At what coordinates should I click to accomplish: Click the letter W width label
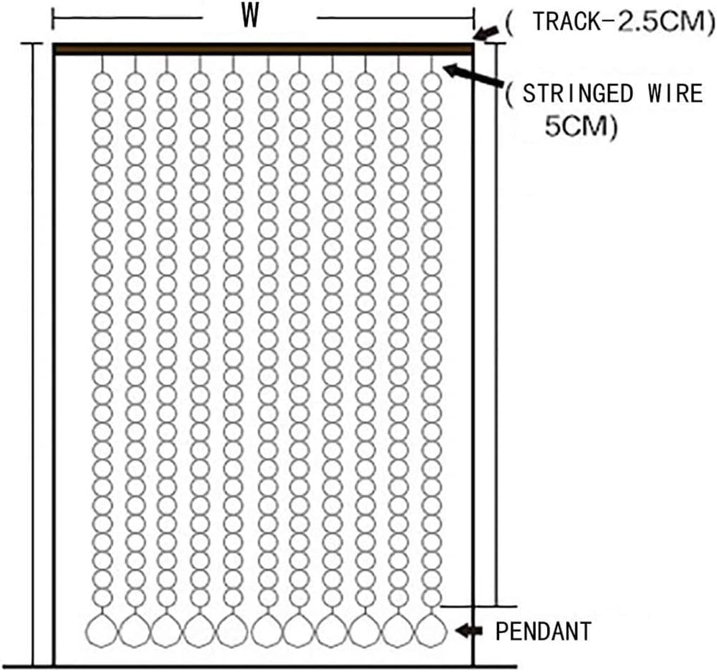click(250, 17)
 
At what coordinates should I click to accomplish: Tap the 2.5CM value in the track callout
click(661, 22)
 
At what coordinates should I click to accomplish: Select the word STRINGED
click(578, 94)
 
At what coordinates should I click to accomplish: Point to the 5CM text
click(576, 126)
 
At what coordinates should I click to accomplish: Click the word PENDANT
click(544, 631)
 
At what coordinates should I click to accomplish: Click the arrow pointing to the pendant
click(469, 631)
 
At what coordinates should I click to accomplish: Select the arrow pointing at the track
click(487, 33)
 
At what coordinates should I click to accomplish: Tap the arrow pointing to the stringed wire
click(473, 76)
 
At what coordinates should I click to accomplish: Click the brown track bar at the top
click(263, 50)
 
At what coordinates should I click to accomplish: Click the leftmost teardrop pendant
click(101, 630)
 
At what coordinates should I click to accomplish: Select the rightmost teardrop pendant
click(431, 630)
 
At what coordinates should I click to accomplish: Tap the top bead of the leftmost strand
click(102, 82)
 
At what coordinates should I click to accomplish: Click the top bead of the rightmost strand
click(431, 82)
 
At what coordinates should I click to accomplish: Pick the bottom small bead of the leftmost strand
click(102, 598)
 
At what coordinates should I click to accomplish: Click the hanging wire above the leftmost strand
click(102, 64)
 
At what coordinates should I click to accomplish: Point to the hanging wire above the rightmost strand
click(431, 64)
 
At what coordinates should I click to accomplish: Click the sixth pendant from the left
click(267, 630)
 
